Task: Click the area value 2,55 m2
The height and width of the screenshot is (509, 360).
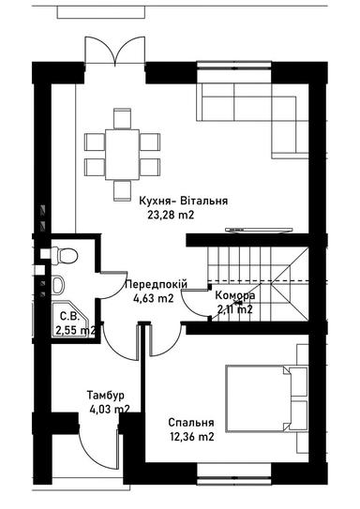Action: point(75,330)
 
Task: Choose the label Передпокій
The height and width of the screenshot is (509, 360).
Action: point(157,284)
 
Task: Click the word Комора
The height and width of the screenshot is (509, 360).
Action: point(234,294)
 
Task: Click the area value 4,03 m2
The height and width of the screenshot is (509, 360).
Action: point(109,408)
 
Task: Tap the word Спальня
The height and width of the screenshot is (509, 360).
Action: point(190,422)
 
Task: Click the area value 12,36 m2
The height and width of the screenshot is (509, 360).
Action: point(190,436)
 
